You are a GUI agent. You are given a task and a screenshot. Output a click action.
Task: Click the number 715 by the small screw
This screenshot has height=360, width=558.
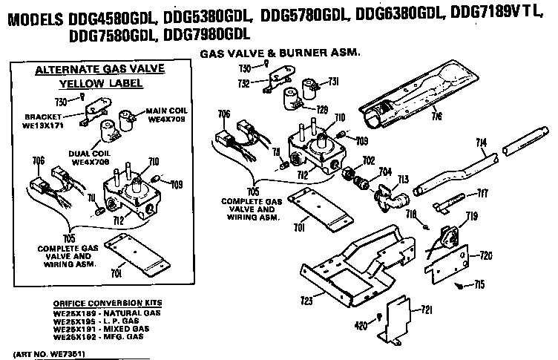pos(480,284)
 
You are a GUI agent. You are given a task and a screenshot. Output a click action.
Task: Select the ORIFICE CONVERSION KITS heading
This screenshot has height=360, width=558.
pos(108,304)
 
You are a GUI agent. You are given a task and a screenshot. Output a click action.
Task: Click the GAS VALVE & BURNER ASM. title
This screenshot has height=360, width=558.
pos(280,53)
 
